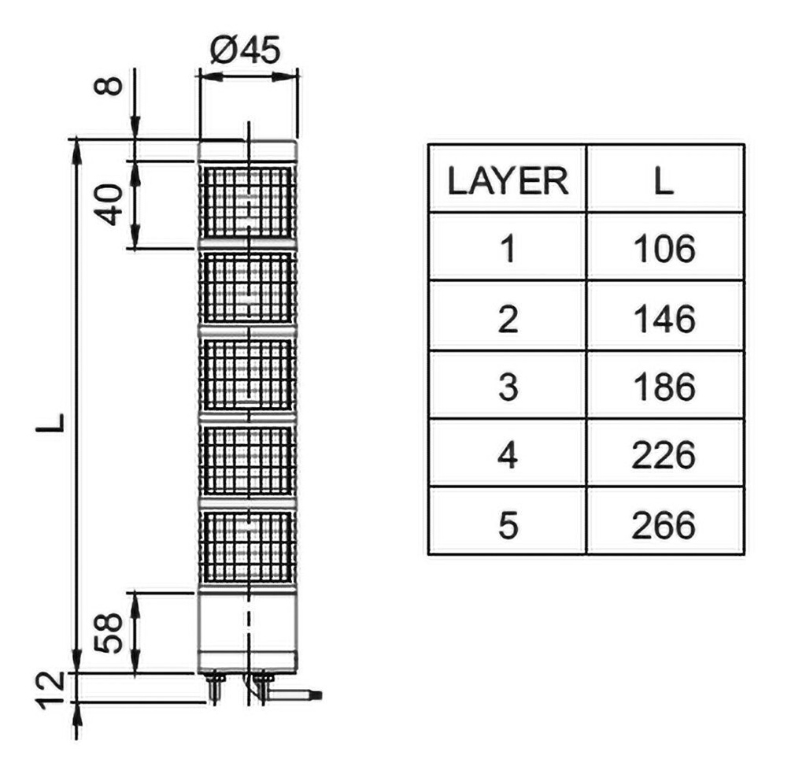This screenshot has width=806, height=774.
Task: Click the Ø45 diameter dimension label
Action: click(x=246, y=51)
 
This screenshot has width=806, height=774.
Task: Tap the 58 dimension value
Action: click(x=110, y=633)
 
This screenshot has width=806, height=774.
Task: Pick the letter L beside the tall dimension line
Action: click(x=50, y=422)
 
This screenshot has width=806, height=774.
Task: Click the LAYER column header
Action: click(x=508, y=181)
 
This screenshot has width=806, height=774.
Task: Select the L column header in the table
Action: click(x=664, y=181)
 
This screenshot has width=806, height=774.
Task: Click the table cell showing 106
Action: click(x=664, y=249)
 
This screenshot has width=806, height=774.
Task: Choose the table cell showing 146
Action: click(x=664, y=319)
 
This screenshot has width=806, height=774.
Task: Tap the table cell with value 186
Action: click(x=664, y=387)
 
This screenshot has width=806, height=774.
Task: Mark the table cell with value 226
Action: click(x=664, y=455)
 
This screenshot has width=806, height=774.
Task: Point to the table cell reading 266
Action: click(x=664, y=524)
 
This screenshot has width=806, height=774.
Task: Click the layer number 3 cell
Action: click(x=508, y=387)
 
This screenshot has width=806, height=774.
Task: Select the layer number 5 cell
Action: click(x=508, y=524)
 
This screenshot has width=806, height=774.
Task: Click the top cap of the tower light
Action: click(x=247, y=150)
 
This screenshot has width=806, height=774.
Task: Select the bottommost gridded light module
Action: click(x=247, y=546)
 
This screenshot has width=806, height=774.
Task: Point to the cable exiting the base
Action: click(x=295, y=694)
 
